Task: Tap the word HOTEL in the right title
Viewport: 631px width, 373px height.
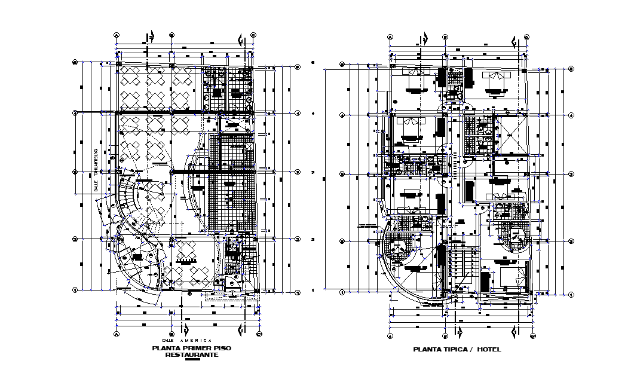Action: pyautogui.click(x=489, y=349)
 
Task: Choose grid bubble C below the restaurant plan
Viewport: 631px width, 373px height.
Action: pyautogui.click(x=259, y=334)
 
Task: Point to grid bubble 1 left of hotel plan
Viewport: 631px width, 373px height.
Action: pyautogui.click(x=342, y=293)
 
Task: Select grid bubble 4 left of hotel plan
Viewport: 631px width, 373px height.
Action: pyautogui.click(x=342, y=115)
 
